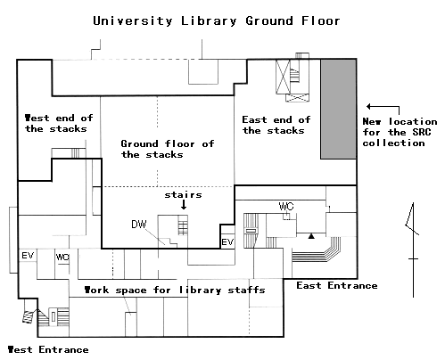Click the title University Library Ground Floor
(x=217, y=21)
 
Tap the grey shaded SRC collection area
(x=338, y=109)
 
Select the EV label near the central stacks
(x=227, y=241)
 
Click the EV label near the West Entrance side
(x=28, y=256)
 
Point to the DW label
(x=139, y=225)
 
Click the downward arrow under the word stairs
(x=184, y=205)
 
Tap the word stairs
(x=183, y=195)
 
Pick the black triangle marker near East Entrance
(x=311, y=236)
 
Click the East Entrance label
(x=337, y=285)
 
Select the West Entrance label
(x=48, y=349)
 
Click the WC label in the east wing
(x=286, y=206)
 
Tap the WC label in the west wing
(x=62, y=257)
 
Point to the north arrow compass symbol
(x=413, y=250)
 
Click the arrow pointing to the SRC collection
(x=383, y=106)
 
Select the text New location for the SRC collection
(x=400, y=132)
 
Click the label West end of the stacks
(x=59, y=123)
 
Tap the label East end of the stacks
(x=276, y=125)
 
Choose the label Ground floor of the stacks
(x=168, y=149)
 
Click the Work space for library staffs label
(x=175, y=290)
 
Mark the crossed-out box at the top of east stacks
(x=283, y=77)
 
